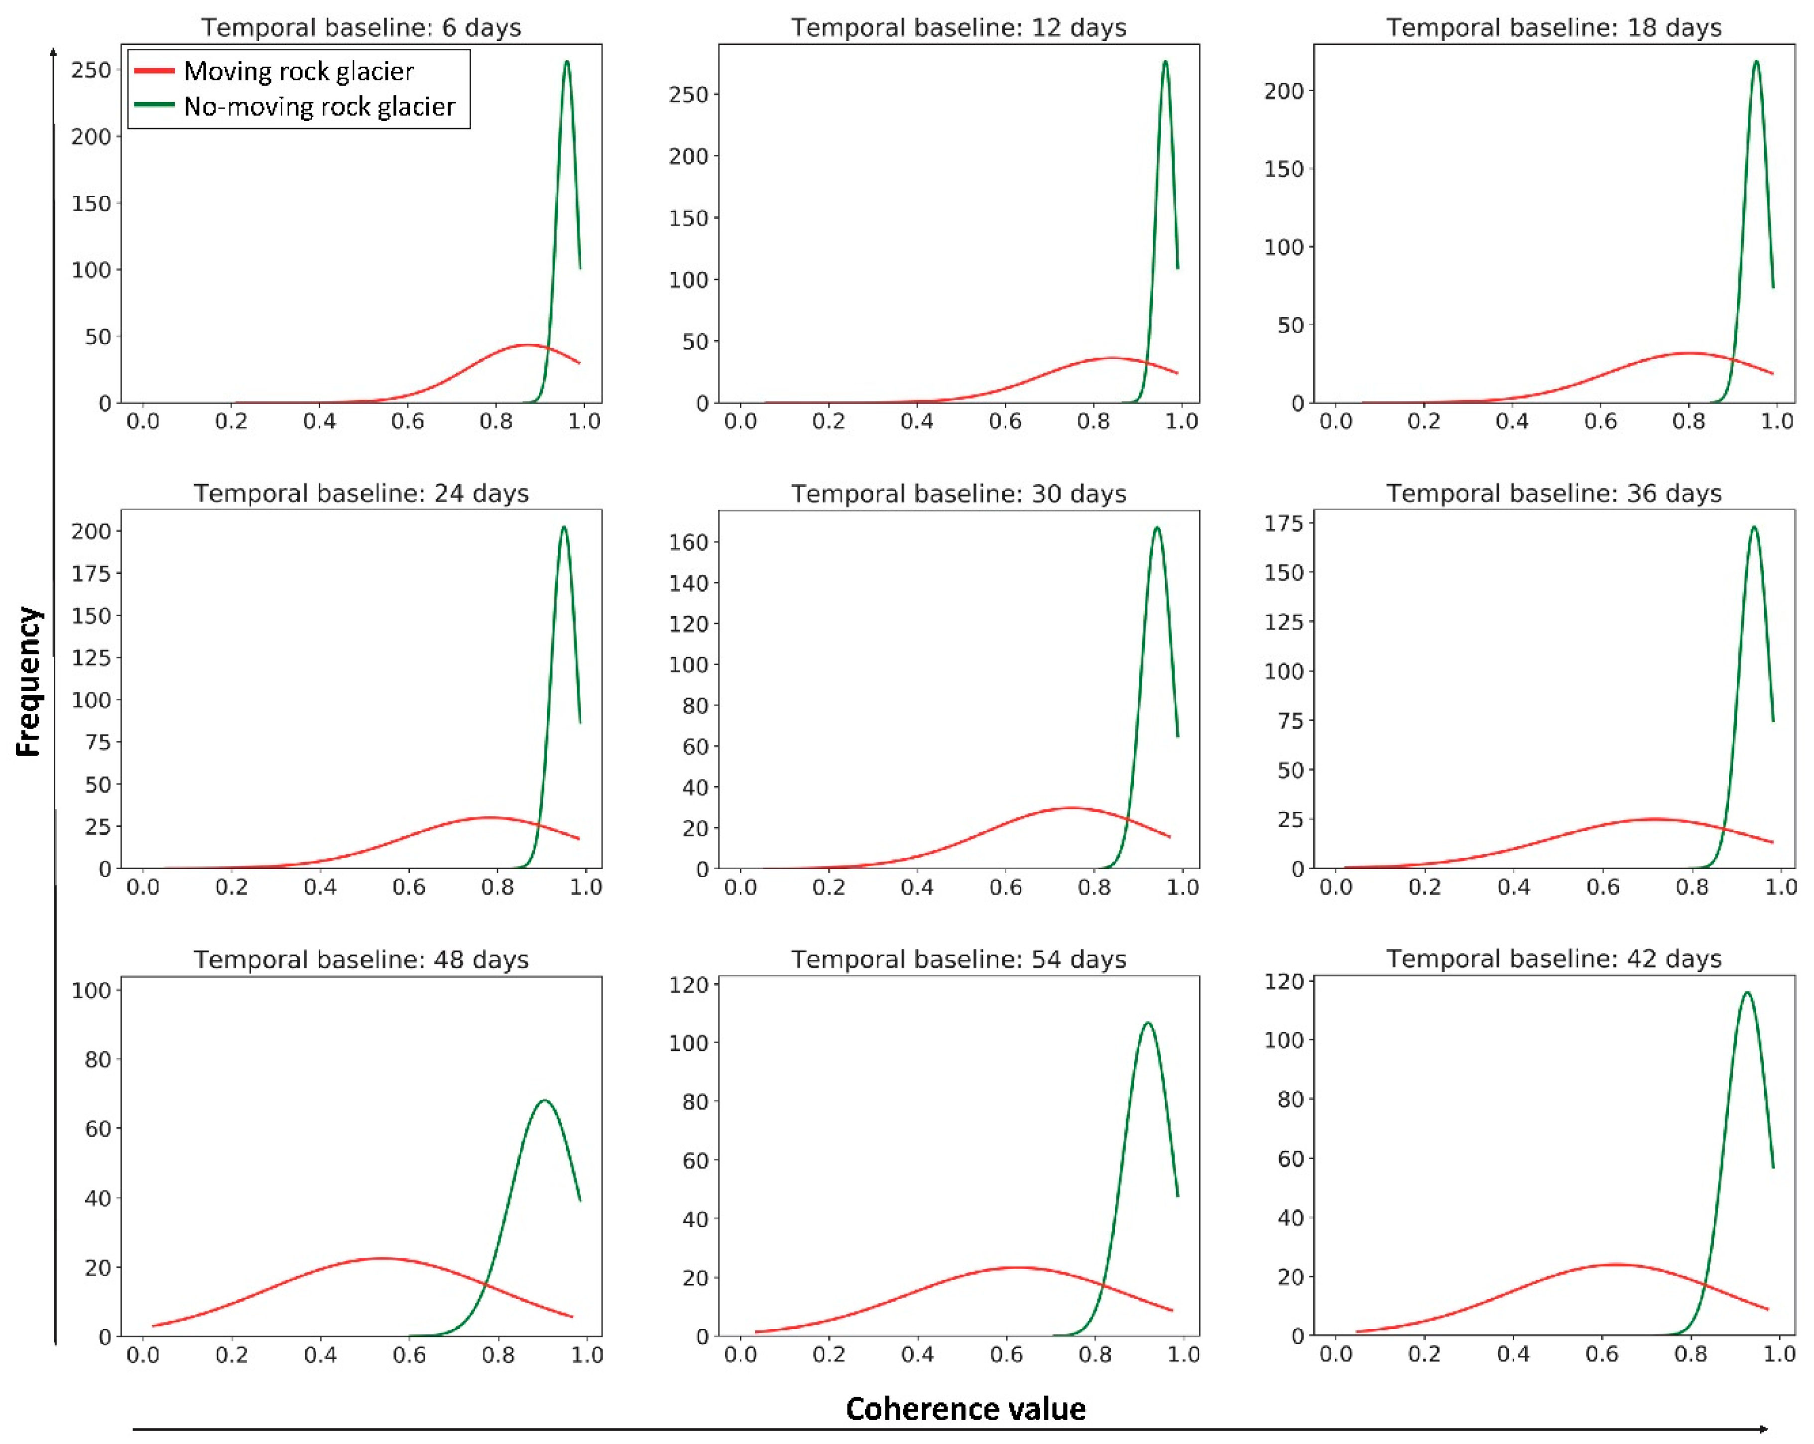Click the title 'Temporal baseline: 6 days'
click(x=361, y=28)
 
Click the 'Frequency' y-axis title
click(x=28, y=681)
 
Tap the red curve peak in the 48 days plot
click(x=380, y=1258)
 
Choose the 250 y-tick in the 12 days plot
click(x=688, y=94)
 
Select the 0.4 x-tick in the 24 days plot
click(x=320, y=887)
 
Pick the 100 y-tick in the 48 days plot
click(x=91, y=990)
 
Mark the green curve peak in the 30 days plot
click(x=1157, y=527)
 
